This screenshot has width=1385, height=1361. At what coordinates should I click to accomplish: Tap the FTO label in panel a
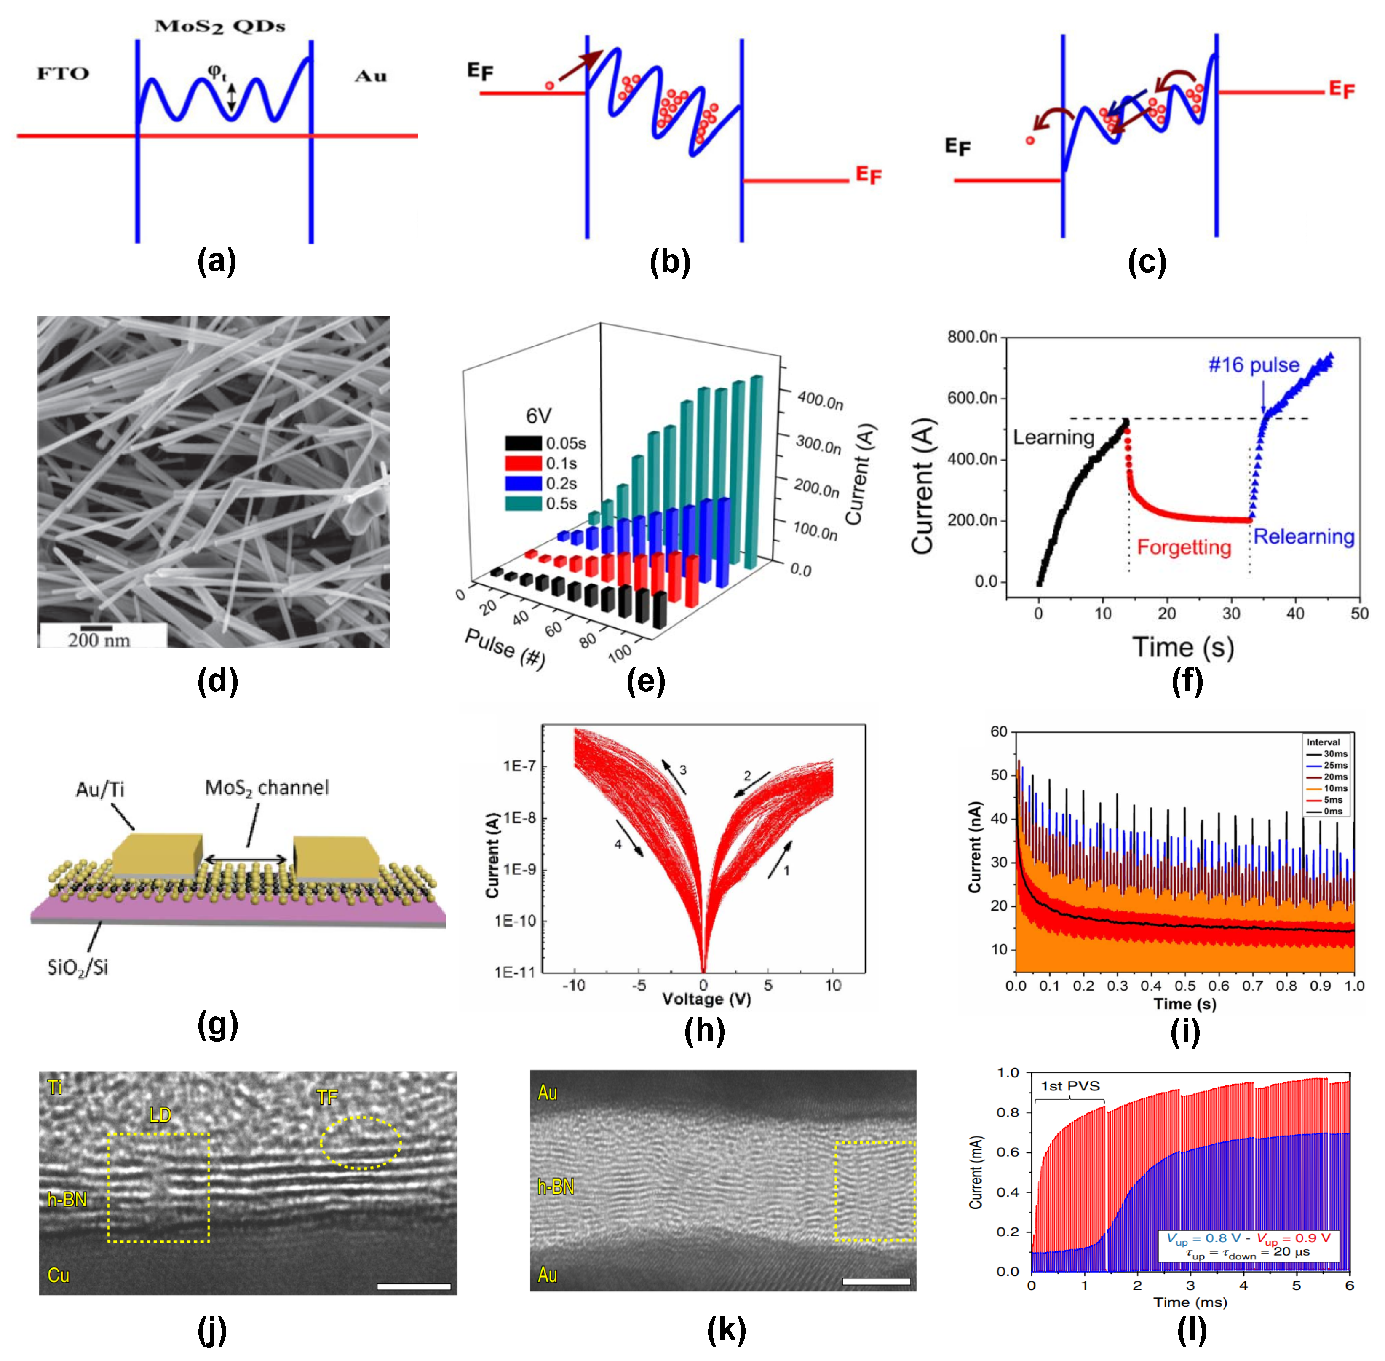point(63,74)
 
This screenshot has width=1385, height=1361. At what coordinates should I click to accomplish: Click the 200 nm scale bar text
point(99,640)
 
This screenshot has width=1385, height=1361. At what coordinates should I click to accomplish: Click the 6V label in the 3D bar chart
point(538,416)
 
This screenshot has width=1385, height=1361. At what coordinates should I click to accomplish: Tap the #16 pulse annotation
point(1254,365)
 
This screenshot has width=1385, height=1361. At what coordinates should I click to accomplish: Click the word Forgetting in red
point(1184,547)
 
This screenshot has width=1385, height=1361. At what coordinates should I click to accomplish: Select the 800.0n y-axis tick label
point(972,337)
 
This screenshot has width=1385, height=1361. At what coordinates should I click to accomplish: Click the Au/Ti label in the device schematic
point(100,789)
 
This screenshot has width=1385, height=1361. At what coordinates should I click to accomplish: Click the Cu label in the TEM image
point(59,1275)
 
